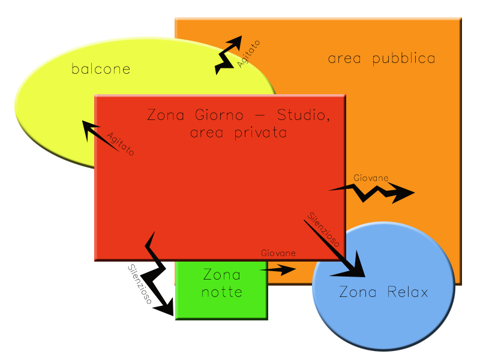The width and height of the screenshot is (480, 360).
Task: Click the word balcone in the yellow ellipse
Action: tap(101, 69)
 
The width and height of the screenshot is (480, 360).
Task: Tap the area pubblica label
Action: tap(382, 59)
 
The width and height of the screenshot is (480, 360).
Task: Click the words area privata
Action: tap(238, 133)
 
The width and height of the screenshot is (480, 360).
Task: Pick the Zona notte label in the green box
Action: tap(221, 284)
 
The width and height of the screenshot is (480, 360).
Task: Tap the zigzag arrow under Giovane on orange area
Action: tap(372, 192)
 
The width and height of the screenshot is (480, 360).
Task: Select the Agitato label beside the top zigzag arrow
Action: tap(249, 53)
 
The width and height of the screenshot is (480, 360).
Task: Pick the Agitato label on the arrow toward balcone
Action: tap(121, 144)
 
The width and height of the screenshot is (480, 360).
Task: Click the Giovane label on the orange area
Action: tap(370, 178)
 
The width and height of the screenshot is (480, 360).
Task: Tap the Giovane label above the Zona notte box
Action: tap(278, 254)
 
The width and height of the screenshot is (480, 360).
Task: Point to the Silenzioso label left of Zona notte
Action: tap(139, 285)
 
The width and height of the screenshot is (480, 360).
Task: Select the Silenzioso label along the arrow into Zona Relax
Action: tap(325, 229)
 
